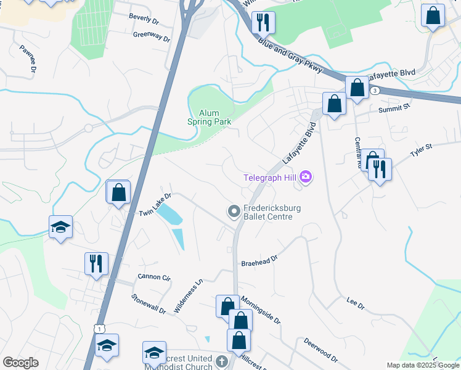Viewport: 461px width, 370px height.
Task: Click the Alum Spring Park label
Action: point(209,117)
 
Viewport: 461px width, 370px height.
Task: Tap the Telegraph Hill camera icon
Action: point(306,178)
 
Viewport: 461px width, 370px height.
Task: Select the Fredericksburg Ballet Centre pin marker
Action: point(234,212)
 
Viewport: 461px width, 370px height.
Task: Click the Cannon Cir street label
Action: point(153,277)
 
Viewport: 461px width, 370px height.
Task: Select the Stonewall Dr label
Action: point(149,303)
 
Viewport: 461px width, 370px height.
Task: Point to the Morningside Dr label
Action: point(261,310)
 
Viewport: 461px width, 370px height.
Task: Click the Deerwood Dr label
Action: point(320,350)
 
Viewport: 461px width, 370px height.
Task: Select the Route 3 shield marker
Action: point(375,91)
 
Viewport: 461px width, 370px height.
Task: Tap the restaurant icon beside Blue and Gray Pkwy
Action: point(263,22)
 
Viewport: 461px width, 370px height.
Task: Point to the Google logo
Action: point(20,363)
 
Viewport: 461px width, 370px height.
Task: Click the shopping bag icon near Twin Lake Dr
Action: point(118,192)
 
